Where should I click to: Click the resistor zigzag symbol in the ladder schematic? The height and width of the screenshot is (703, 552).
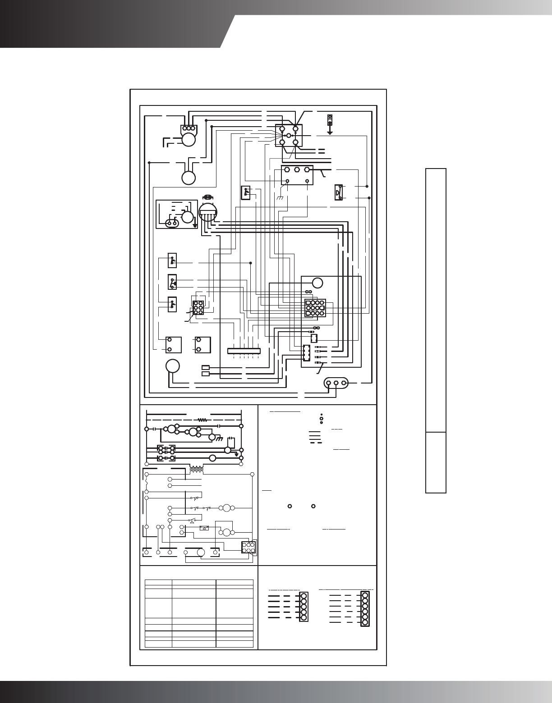tap(202, 420)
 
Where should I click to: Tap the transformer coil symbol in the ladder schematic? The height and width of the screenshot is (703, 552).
tap(197, 470)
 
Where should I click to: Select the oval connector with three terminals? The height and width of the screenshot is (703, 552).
tap(336, 383)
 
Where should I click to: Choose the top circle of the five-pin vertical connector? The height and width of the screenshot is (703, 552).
tap(304, 596)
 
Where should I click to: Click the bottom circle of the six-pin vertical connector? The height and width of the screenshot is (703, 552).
tap(365, 622)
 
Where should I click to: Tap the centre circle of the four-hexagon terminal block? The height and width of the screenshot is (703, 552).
tap(289, 135)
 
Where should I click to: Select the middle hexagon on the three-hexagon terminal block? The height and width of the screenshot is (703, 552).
tap(297, 170)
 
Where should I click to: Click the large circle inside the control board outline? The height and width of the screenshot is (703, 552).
tap(317, 283)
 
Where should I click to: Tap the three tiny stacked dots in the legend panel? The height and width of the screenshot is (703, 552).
tap(321, 418)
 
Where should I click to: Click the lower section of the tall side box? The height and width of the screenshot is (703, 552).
tap(436, 462)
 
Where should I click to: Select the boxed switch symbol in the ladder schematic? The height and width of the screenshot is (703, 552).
tap(204, 528)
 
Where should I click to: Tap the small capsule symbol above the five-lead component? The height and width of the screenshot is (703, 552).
tap(208, 197)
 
